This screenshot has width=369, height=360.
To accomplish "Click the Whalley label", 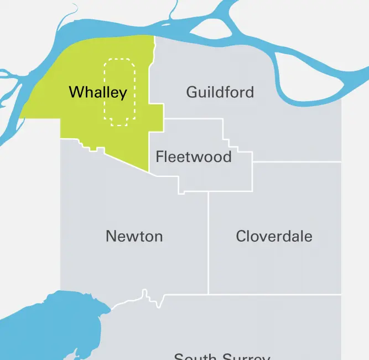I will click(x=98, y=92).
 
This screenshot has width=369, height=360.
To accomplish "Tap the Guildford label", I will click(x=220, y=92).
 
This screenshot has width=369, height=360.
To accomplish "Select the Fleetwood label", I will click(x=194, y=157).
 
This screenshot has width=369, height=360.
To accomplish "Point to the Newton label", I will click(x=134, y=237).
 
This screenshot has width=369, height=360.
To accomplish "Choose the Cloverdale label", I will click(x=274, y=237).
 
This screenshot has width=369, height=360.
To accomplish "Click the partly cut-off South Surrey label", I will click(x=222, y=356).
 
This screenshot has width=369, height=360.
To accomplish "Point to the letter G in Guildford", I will click(x=192, y=92).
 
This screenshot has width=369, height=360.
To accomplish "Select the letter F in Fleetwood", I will click(x=160, y=157).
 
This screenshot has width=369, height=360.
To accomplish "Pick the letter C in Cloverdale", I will click(x=241, y=237).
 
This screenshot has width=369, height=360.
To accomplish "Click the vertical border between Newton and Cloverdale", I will click(x=209, y=243).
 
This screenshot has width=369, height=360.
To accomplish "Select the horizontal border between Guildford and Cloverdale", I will click(x=297, y=162).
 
